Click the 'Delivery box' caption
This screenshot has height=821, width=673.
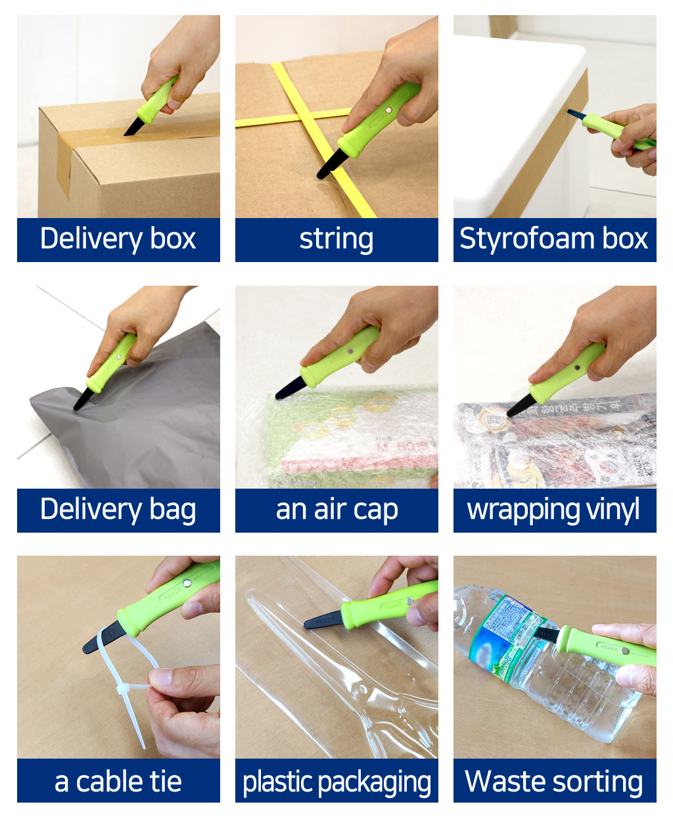click(118, 239)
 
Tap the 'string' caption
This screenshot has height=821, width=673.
click(336, 239)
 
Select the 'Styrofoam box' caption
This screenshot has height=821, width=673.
click(554, 239)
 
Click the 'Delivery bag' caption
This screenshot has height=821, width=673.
click(118, 510)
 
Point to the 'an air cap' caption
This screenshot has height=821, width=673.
click(336, 510)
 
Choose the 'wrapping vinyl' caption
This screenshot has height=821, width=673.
click(554, 510)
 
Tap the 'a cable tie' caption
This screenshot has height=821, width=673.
click(118, 781)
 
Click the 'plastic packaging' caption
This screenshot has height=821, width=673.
click(336, 781)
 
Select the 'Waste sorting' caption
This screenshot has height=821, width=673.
click(554, 781)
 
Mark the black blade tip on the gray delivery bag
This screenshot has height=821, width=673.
click(82, 399)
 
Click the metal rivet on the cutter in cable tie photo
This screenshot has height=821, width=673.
click(187, 583)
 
